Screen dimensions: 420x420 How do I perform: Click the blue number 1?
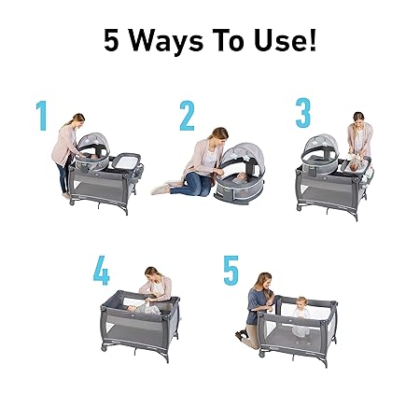(41, 116)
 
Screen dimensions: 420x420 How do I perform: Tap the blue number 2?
(187, 116)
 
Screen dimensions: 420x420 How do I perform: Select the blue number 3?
(303, 113)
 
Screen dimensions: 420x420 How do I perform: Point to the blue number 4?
(102, 270)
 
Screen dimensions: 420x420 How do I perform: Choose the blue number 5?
(231, 270)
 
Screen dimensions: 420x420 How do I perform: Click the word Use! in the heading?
(285, 40)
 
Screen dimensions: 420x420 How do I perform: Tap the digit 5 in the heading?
(111, 40)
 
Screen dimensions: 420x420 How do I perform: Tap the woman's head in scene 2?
(219, 135)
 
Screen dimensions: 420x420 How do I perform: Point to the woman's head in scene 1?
(77, 120)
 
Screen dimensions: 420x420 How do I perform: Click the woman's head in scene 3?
(358, 119)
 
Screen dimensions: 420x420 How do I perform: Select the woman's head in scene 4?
(152, 273)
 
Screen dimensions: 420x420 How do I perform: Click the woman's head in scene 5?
(264, 281)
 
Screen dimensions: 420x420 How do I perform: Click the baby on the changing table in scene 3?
(357, 166)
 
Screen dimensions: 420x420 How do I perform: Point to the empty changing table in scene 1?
(125, 161)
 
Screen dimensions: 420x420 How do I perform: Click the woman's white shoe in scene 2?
(161, 189)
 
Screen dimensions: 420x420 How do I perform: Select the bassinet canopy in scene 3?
(320, 147)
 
